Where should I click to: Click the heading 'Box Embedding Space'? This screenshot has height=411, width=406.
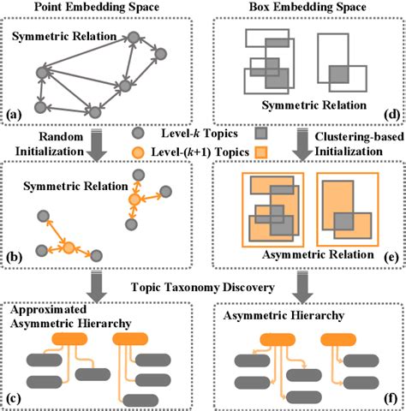click(x=305, y=8)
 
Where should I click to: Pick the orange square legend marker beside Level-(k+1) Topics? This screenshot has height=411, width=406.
click(x=264, y=152)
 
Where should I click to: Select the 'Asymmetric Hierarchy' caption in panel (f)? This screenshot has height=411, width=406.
click(x=272, y=316)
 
